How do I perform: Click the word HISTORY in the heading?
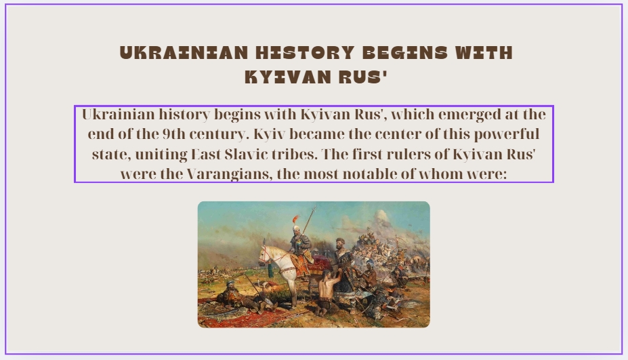pyautogui.click(x=305, y=53)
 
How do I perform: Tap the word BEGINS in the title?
pyautogui.click(x=405, y=53)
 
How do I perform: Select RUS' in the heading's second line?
pyautogui.click(x=363, y=77)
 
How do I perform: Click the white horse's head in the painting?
pyautogui.click(x=265, y=254)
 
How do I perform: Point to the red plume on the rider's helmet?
pyautogui.click(x=295, y=218)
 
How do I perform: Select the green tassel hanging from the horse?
pyautogui.click(x=270, y=269)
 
